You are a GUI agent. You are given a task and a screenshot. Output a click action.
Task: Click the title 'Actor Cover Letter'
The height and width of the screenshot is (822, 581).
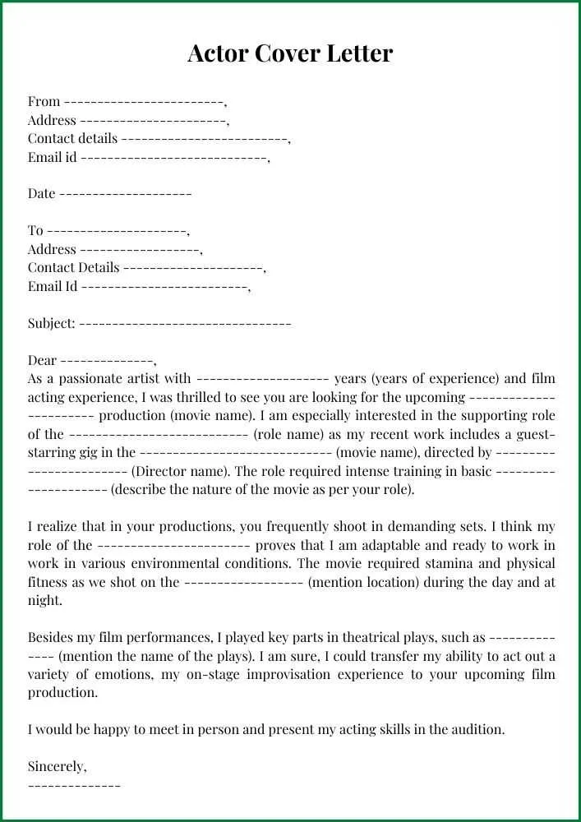(290, 53)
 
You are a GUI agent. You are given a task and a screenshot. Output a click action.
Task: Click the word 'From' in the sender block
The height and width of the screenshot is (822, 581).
(44, 102)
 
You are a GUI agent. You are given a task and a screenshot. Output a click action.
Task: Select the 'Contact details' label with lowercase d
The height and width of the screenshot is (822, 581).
(72, 139)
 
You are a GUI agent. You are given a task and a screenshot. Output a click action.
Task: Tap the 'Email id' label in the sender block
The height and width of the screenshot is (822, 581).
(52, 157)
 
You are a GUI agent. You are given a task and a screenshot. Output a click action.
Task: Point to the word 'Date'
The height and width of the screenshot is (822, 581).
(41, 194)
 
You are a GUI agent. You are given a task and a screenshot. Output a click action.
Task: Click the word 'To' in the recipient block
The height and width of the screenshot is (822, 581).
(35, 231)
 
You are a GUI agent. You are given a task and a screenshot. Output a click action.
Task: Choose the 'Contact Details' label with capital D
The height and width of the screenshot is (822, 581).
(73, 268)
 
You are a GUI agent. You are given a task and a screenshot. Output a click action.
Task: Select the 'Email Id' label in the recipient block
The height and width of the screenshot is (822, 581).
(53, 287)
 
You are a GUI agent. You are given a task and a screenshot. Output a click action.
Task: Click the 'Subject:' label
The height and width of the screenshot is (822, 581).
(52, 324)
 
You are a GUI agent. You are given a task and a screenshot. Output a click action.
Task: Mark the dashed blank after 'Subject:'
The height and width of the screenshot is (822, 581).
(185, 324)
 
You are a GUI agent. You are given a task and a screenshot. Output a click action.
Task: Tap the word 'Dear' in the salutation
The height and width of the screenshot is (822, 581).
(42, 361)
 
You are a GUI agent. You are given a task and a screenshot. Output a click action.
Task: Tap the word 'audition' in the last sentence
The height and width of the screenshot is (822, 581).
(476, 730)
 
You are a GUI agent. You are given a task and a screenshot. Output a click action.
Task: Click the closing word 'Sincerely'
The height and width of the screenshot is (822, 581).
(56, 767)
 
